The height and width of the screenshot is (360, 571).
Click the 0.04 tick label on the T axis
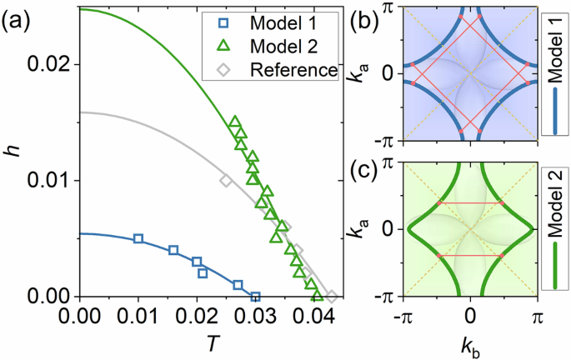314,316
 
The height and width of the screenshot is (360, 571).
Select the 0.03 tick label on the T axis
256,316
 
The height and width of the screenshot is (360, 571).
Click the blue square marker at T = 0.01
138,239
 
